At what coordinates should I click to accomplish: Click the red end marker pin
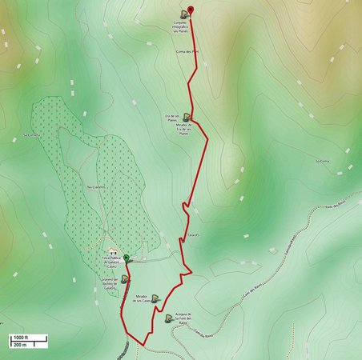tap(191, 10)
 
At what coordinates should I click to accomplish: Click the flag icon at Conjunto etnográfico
tap(184, 14)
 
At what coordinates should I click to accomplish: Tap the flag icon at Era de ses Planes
tap(186, 117)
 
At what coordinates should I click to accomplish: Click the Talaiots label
tap(192, 234)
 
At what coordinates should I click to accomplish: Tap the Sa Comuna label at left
tap(31, 135)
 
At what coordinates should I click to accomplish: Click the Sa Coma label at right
tap(322, 161)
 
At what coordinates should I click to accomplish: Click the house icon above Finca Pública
tap(112, 250)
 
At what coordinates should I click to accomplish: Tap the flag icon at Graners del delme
tap(124, 279)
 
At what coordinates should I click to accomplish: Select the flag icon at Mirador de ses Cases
tap(155, 298)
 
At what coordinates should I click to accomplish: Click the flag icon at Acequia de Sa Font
tap(168, 318)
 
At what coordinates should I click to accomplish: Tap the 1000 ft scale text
tap(19, 337)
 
